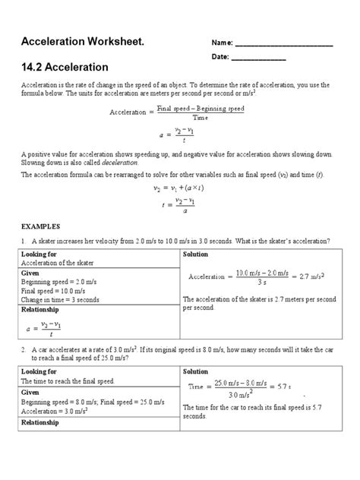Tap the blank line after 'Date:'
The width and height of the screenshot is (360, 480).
pos(258,59)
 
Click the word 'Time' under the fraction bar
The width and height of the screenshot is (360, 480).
pos(200,118)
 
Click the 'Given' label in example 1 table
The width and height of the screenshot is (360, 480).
pos(31,273)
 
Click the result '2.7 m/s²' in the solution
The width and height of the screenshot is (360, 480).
pos(310,276)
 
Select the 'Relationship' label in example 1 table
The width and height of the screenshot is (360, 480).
pos(44,310)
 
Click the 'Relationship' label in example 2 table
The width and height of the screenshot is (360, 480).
pos(44,422)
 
